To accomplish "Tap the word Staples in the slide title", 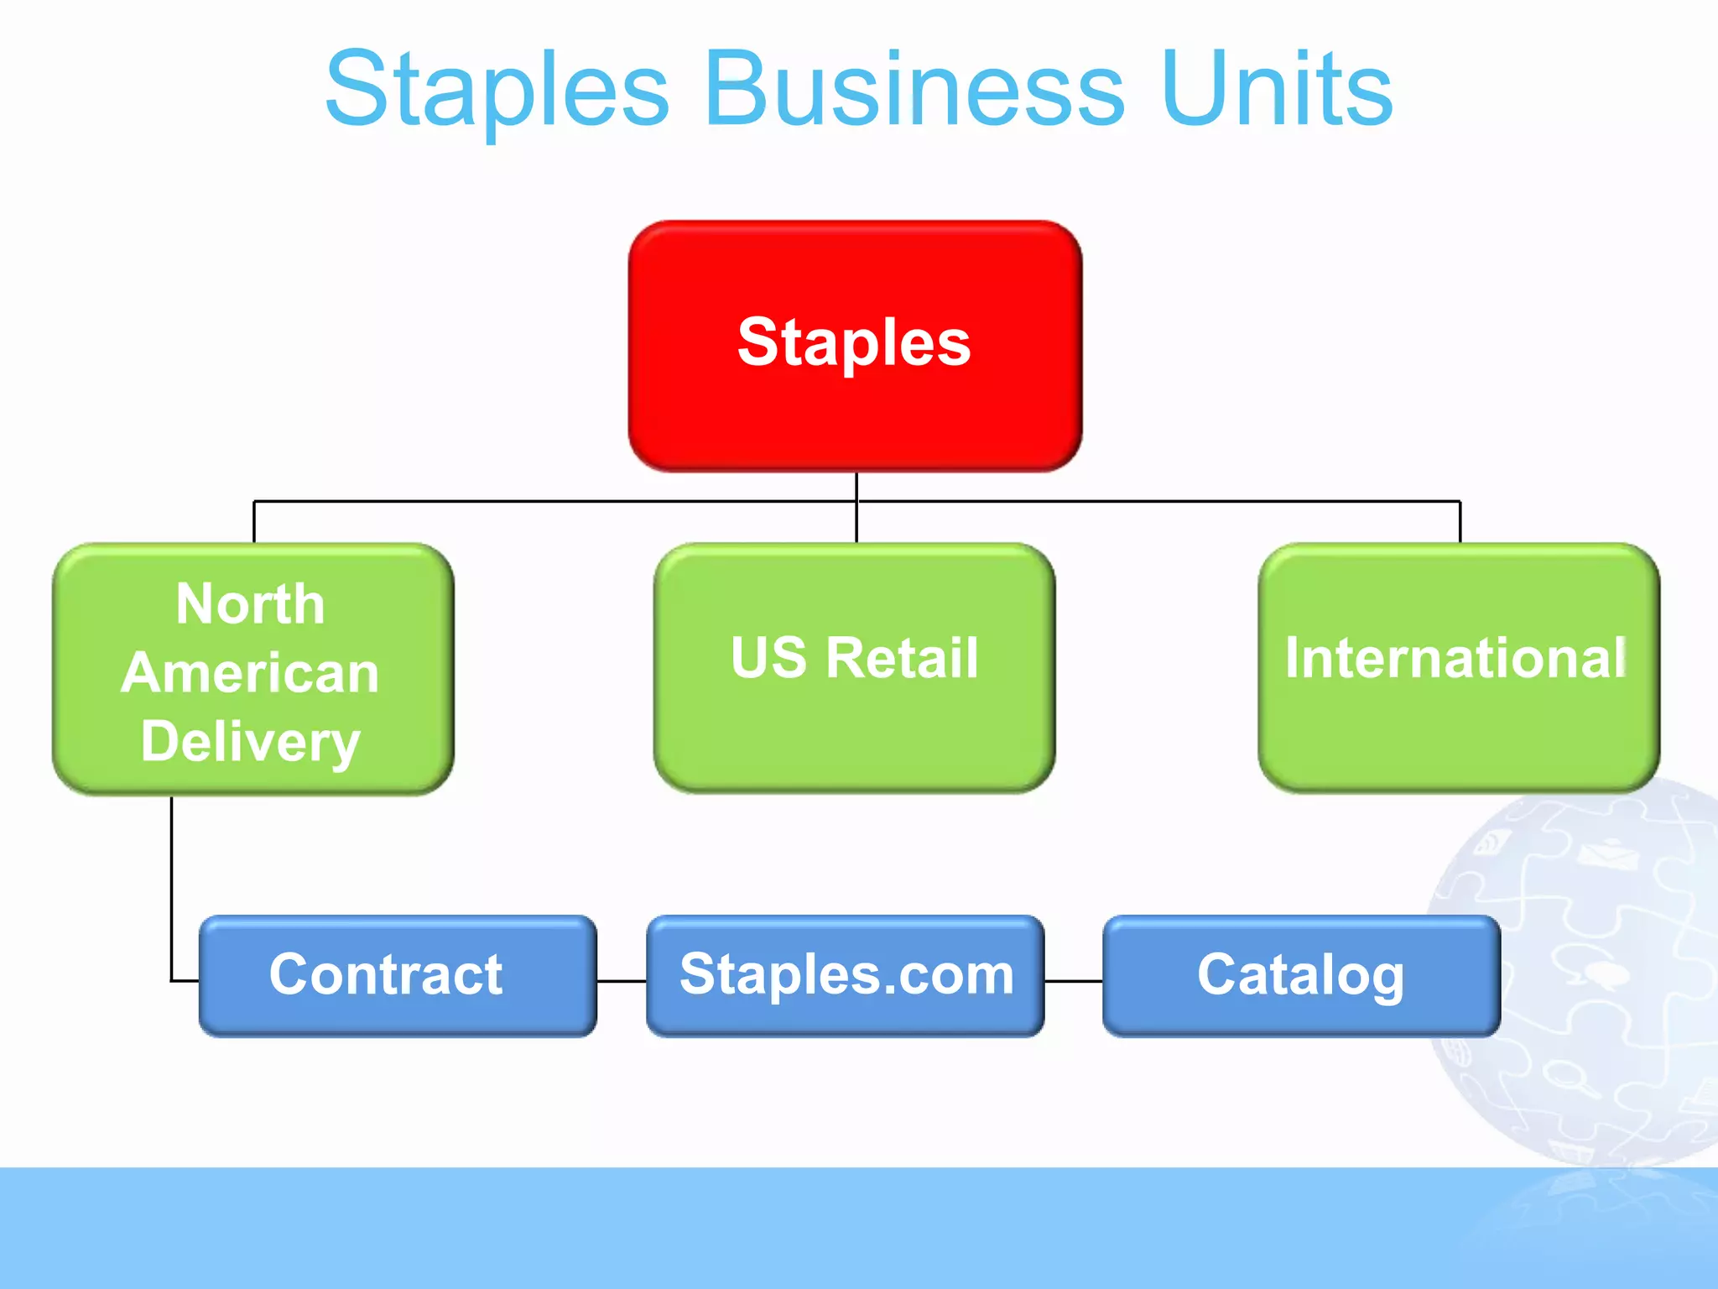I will [497, 91].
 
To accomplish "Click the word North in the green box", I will [250, 604].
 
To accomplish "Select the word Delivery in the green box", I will [250, 743].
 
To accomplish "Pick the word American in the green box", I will [250, 673].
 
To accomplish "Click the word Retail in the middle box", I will [902, 657].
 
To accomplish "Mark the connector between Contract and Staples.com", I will [622, 980].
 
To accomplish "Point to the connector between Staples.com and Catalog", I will [1074, 980].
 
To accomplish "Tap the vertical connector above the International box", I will [1460, 522].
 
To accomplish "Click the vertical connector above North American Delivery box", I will [254, 522].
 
